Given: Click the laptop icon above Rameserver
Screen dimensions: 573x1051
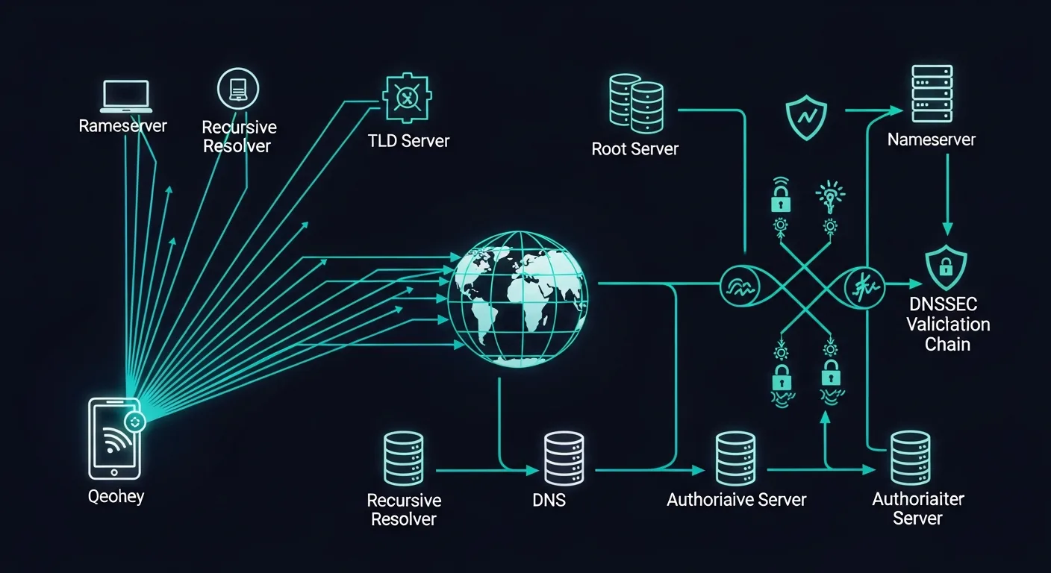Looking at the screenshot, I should pyautogui.click(x=126, y=97).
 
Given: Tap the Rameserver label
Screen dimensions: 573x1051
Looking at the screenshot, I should pyautogui.click(x=123, y=125).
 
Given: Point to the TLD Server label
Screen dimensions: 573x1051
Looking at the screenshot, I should pyautogui.click(x=409, y=140).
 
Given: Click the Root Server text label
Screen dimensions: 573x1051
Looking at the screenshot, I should pyautogui.click(x=634, y=148).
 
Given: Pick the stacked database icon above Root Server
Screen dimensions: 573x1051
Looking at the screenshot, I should pyautogui.click(x=636, y=103).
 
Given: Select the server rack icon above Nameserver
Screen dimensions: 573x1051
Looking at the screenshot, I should pyautogui.click(x=932, y=93).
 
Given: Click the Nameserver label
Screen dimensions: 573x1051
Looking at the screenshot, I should pyautogui.click(x=932, y=140).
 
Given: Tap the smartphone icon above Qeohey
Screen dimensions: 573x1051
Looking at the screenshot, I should pyautogui.click(x=114, y=438).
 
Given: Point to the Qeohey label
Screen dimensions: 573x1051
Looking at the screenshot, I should pyautogui.click(x=116, y=496).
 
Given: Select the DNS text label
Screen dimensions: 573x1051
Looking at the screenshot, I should pyautogui.click(x=549, y=500).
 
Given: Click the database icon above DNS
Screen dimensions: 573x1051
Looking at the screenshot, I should pyautogui.click(x=564, y=459).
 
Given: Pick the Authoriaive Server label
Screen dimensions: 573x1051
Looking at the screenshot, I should pyautogui.click(x=736, y=499).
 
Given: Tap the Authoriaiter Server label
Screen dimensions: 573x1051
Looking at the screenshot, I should pyautogui.click(x=918, y=508).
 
